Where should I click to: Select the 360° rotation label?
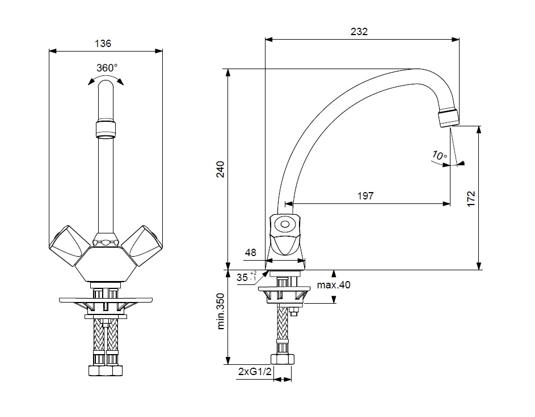pos(106,67)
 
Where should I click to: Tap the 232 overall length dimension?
pos(360,32)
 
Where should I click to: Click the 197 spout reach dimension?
pos(365,196)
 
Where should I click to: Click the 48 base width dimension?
pos(250,252)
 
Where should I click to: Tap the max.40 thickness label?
pos(334,285)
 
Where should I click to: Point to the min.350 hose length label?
pos(221,312)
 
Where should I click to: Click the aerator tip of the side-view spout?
pos(449,117)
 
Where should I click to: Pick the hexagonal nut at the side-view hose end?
pos(283,360)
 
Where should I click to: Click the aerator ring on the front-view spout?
pos(106,127)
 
